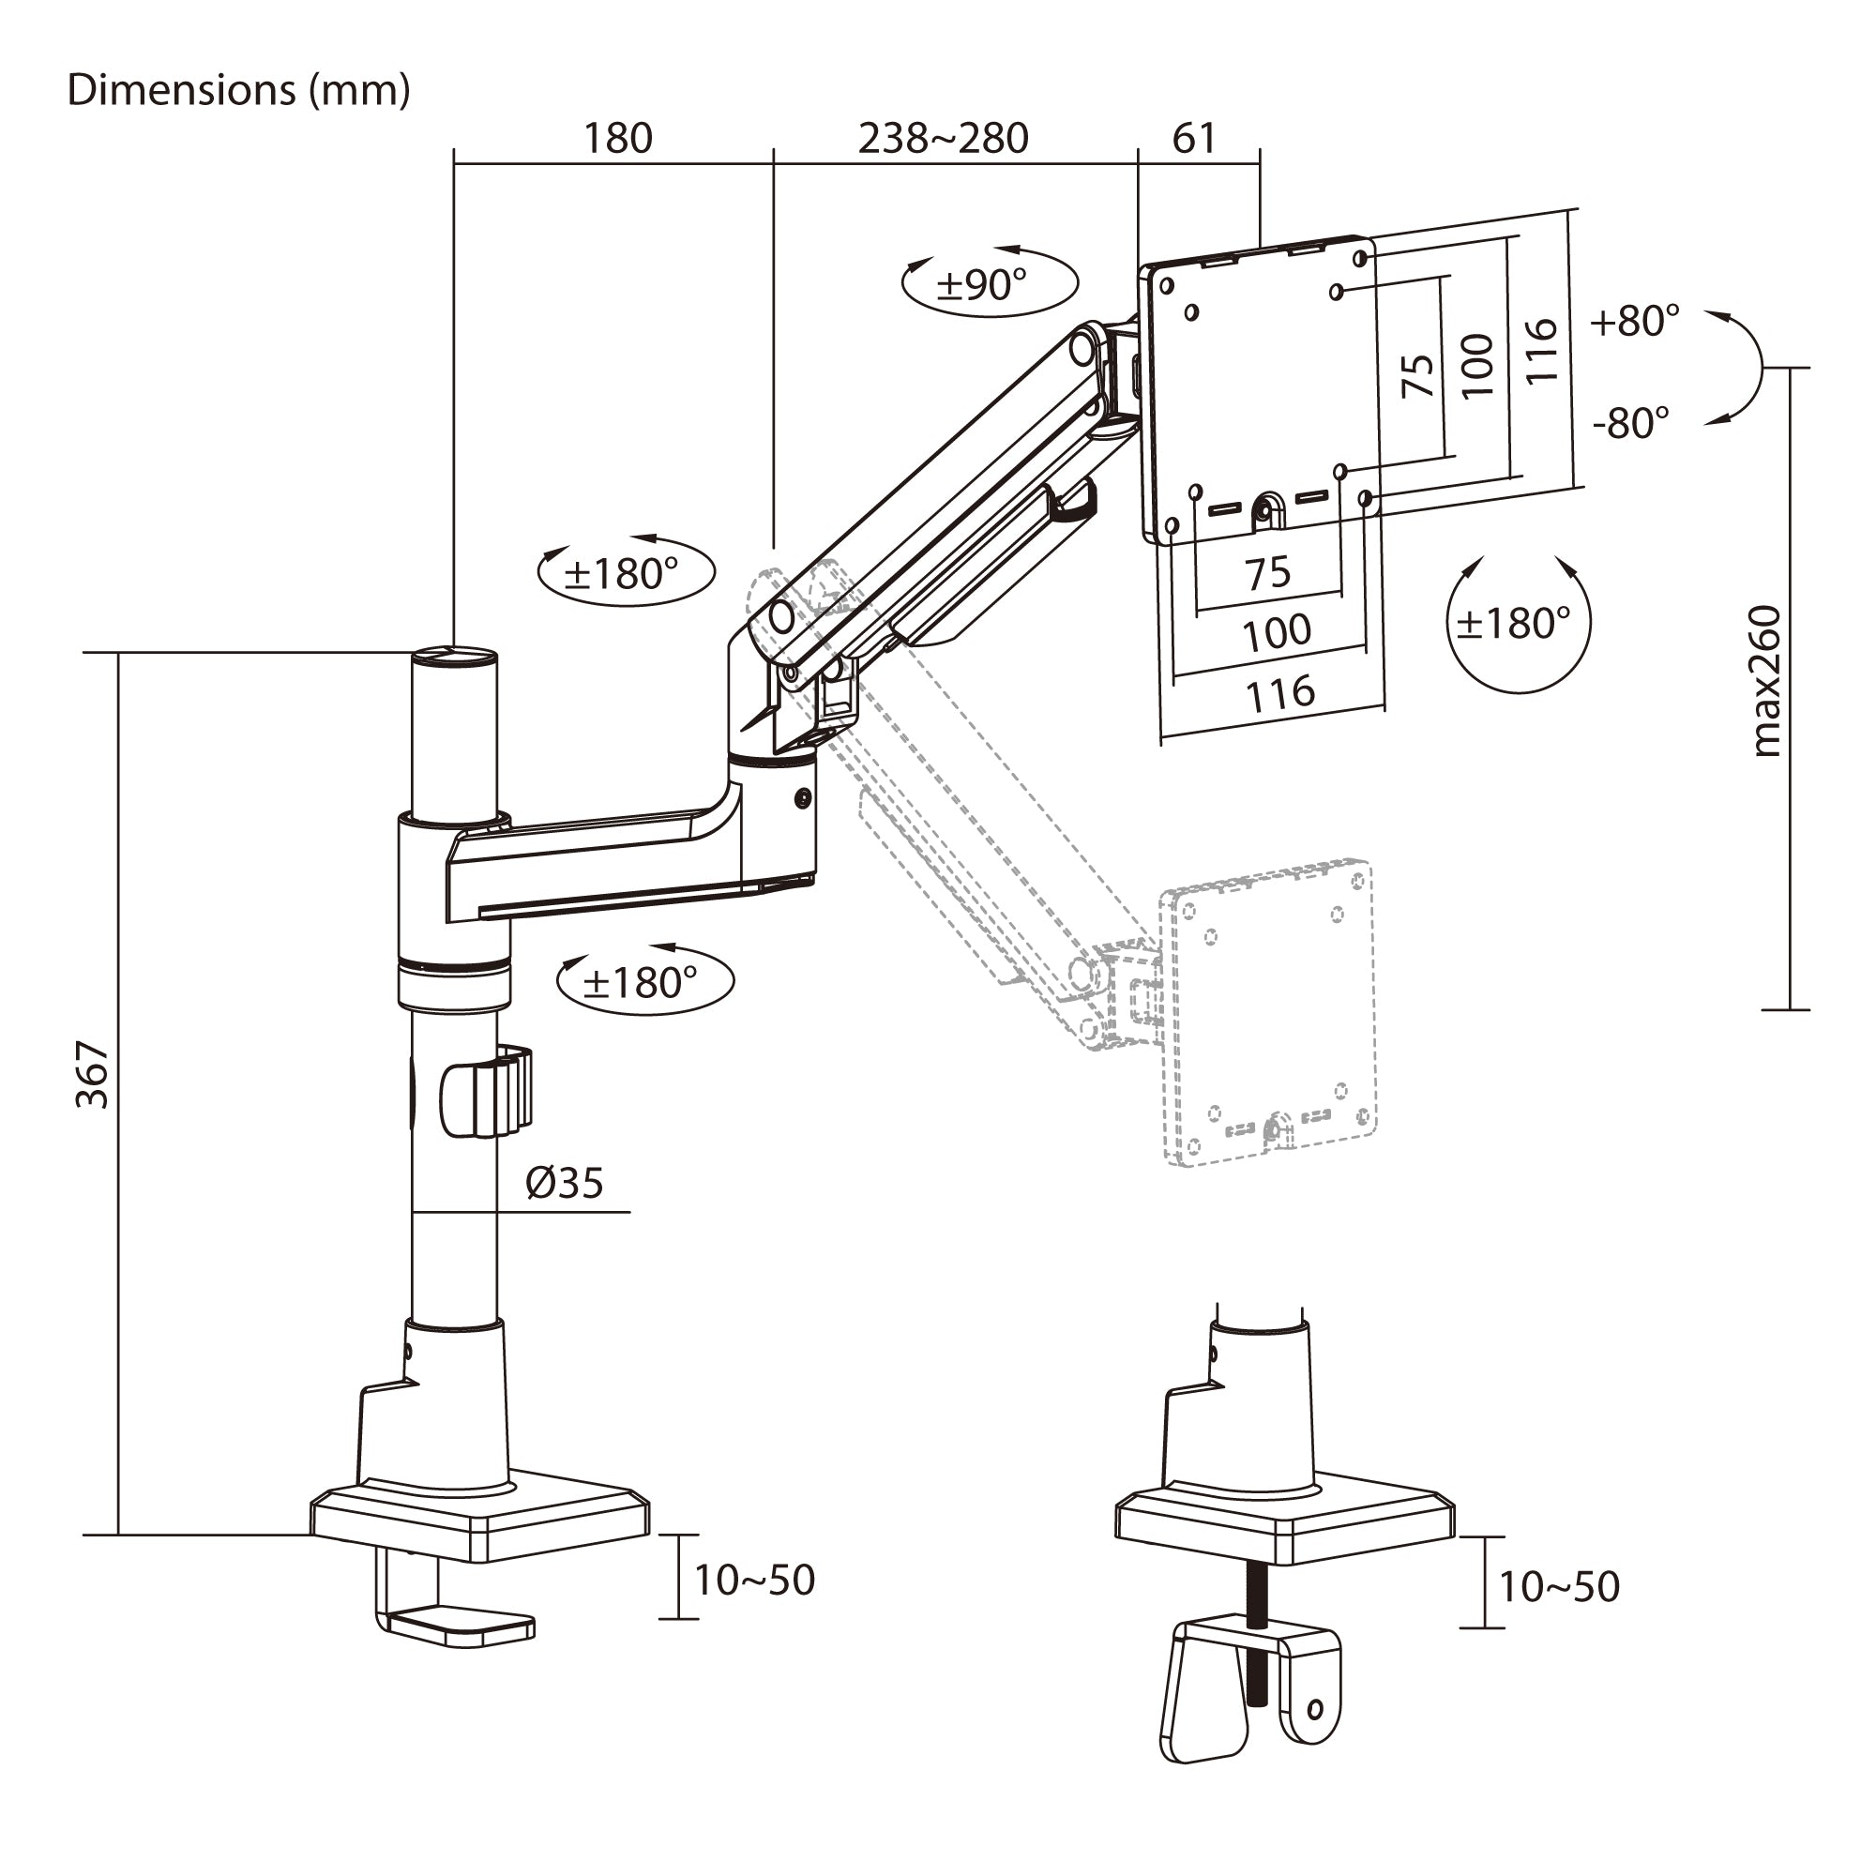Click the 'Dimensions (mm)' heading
[x=239, y=90]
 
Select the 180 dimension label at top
[x=617, y=138]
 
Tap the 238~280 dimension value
[x=943, y=138]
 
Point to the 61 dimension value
[x=1193, y=138]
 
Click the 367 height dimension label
[x=94, y=1075]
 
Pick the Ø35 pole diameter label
[x=564, y=1183]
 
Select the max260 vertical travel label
[x=1766, y=681]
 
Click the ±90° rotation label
[x=981, y=284]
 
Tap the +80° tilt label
[x=1634, y=321]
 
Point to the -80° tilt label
[x=1630, y=422]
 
